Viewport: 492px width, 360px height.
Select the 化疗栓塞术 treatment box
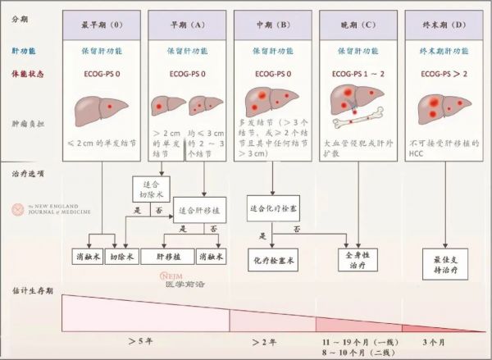click(x=272, y=259)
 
